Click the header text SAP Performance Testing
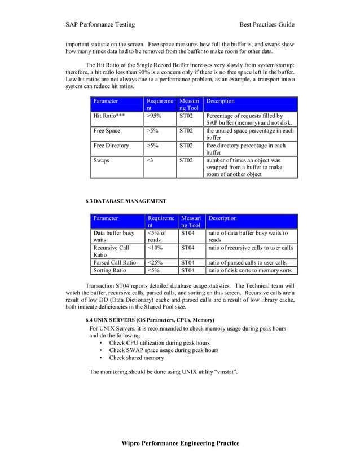[100, 24]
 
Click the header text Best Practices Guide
[267, 24]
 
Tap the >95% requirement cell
[153, 116]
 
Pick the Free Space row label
[107, 131]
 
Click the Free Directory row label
[111, 146]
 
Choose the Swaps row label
[102, 160]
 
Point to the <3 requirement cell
[150, 160]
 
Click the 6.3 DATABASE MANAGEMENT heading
[126, 201]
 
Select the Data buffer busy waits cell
[114, 236]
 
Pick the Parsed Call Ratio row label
[115, 262]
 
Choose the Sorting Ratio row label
[109, 270]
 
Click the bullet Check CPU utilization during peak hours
[159, 342]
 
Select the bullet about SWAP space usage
[164, 350]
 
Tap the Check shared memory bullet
[137, 358]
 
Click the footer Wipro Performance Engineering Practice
[181, 443]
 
